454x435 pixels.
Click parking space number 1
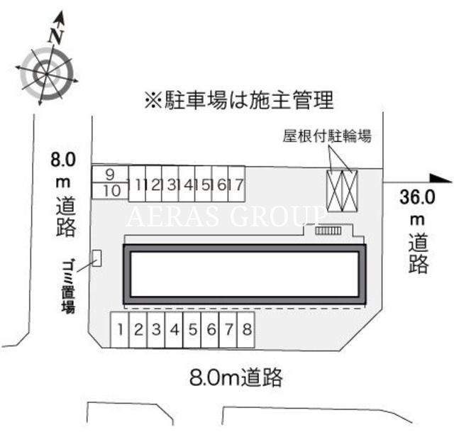pos(119,329)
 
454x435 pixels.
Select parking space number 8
pos(246,329)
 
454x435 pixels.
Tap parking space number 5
pos(192,329)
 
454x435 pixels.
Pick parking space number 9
pos(110,175)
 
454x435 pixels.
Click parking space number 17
pos(237,184)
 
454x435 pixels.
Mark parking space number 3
pos(156,329)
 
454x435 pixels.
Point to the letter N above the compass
pos(55,36)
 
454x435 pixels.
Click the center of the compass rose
pos(46,74)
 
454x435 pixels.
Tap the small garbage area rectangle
pos(96,258)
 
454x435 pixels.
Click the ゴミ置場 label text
pos(68,286)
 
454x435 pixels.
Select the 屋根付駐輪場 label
pos(327,136)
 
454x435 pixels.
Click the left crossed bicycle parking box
pos(335,191)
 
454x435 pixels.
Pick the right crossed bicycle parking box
pos(350,191)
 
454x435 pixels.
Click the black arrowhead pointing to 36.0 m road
pos(441,178)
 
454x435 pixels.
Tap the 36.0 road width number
pos(417,197)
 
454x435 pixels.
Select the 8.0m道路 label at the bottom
pos(236,378)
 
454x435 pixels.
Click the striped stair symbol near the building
pos(328,231)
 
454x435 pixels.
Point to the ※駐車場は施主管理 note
pos(239,100)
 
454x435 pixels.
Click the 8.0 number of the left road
pos(63,160)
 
